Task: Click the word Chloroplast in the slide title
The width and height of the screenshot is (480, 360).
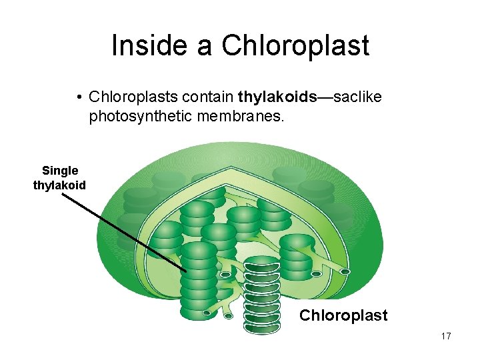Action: pyautogui.click(x=295, y=45)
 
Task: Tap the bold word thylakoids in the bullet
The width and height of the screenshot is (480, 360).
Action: pyautogui.click(x=276, y=97)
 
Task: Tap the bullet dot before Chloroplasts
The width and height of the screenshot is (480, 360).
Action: pyautogui.click(x=79, y=98)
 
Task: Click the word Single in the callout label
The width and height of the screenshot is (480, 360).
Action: pyautogui.click(x=60, y=171)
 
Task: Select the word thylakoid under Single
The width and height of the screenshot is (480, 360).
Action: pyautogui.click(x=59, y=185)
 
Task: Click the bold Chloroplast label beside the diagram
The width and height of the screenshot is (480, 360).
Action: pyautogui.click(x=343, y=315)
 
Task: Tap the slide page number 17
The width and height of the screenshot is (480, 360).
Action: pyautogui.click(x=445, y=336)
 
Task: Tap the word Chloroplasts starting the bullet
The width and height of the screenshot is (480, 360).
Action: pyautogui.click(x=133, y=97)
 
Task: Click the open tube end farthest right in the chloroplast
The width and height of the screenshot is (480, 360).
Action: pyautogui.click(x=345, y=271)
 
